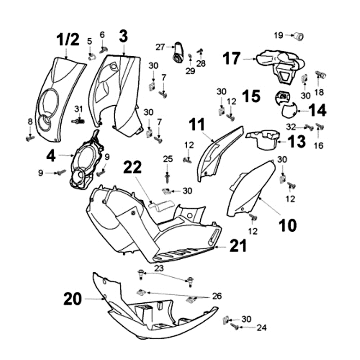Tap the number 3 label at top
point(123,36)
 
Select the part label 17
point(232,58)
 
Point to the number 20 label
point(72,299)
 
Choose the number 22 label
point(133,167)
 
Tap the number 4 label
point(51,156)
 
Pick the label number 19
point(279,35)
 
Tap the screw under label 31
point(78,121)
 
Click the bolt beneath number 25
point(168,174)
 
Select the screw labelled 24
point(234,327)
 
